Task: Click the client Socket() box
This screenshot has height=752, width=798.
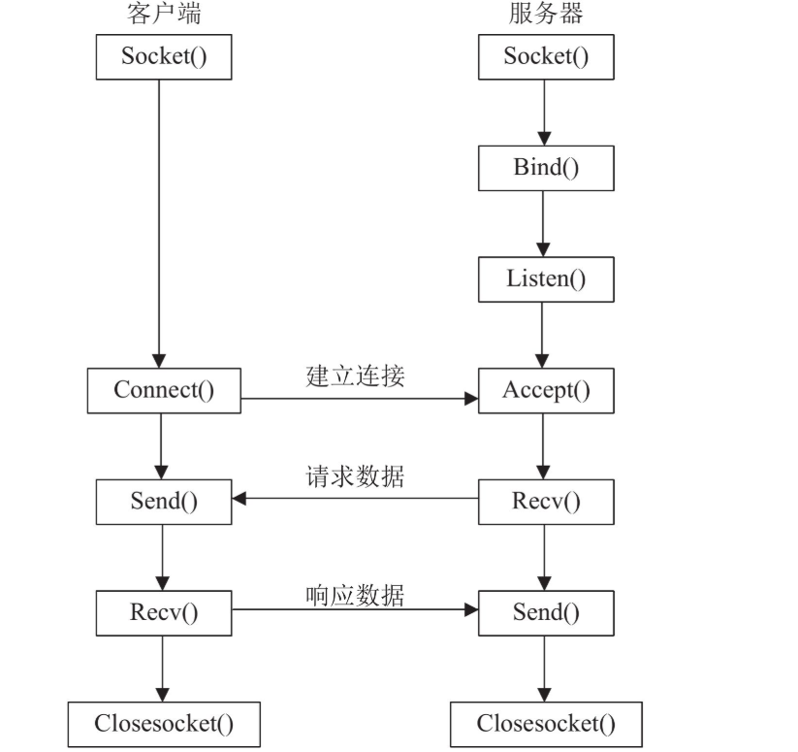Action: point(163,56)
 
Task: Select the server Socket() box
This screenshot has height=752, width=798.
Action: point(545,56)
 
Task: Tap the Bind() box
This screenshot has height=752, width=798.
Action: point(545,167)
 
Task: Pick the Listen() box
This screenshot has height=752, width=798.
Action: point(545,279)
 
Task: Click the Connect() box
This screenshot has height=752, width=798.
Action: point(163,390)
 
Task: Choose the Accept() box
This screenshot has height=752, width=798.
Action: point(545,390)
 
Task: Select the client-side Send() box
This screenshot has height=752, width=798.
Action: point(163,502)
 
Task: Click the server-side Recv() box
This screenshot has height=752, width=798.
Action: point(545,502)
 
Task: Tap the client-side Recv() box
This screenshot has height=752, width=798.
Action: point(163,612)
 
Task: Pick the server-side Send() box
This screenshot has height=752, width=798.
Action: point(545,612)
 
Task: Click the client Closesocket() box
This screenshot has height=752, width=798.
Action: point(163,724)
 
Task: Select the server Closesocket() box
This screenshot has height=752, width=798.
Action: point(545,724)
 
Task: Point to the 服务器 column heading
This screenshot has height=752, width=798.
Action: point(545,14)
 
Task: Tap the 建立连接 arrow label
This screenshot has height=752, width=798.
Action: point(355,376)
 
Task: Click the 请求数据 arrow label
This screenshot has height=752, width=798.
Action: point(355,478)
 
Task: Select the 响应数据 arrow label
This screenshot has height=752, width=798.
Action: point(355,594)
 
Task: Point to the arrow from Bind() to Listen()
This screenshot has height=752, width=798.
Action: point(545,223)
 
